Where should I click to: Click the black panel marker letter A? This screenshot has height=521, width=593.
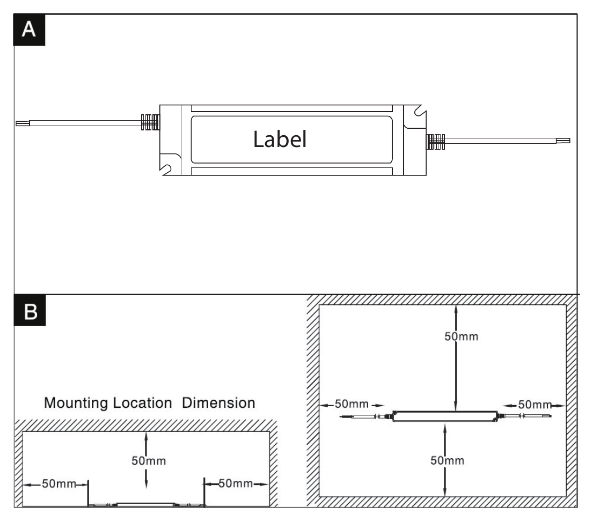[29, 30]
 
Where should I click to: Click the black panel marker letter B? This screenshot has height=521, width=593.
[30, 311]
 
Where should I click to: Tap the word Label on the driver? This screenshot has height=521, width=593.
[280, 139]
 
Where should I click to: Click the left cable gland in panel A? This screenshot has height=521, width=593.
[150, 122]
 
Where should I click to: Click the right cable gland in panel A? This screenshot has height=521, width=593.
[436, 142]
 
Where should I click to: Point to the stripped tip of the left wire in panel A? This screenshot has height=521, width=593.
[23, 123]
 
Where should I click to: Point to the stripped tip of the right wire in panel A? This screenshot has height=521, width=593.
[563, 141]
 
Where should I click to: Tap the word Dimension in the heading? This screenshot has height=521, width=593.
[218, 403]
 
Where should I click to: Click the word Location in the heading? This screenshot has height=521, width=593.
[143, 403]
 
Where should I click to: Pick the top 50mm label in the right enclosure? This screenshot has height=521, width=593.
[462, 336]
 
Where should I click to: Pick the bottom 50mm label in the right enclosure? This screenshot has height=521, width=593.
[448, 460]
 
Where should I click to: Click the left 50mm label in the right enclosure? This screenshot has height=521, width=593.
[352, 404]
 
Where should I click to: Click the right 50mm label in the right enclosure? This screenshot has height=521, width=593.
[535, 405]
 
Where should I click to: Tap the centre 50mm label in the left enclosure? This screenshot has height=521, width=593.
[149, 461]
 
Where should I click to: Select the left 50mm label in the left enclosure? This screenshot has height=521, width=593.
[59, 483]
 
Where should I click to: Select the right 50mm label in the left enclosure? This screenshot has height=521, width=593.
[236, 483]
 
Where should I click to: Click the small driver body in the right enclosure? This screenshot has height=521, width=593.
[445, 416]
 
